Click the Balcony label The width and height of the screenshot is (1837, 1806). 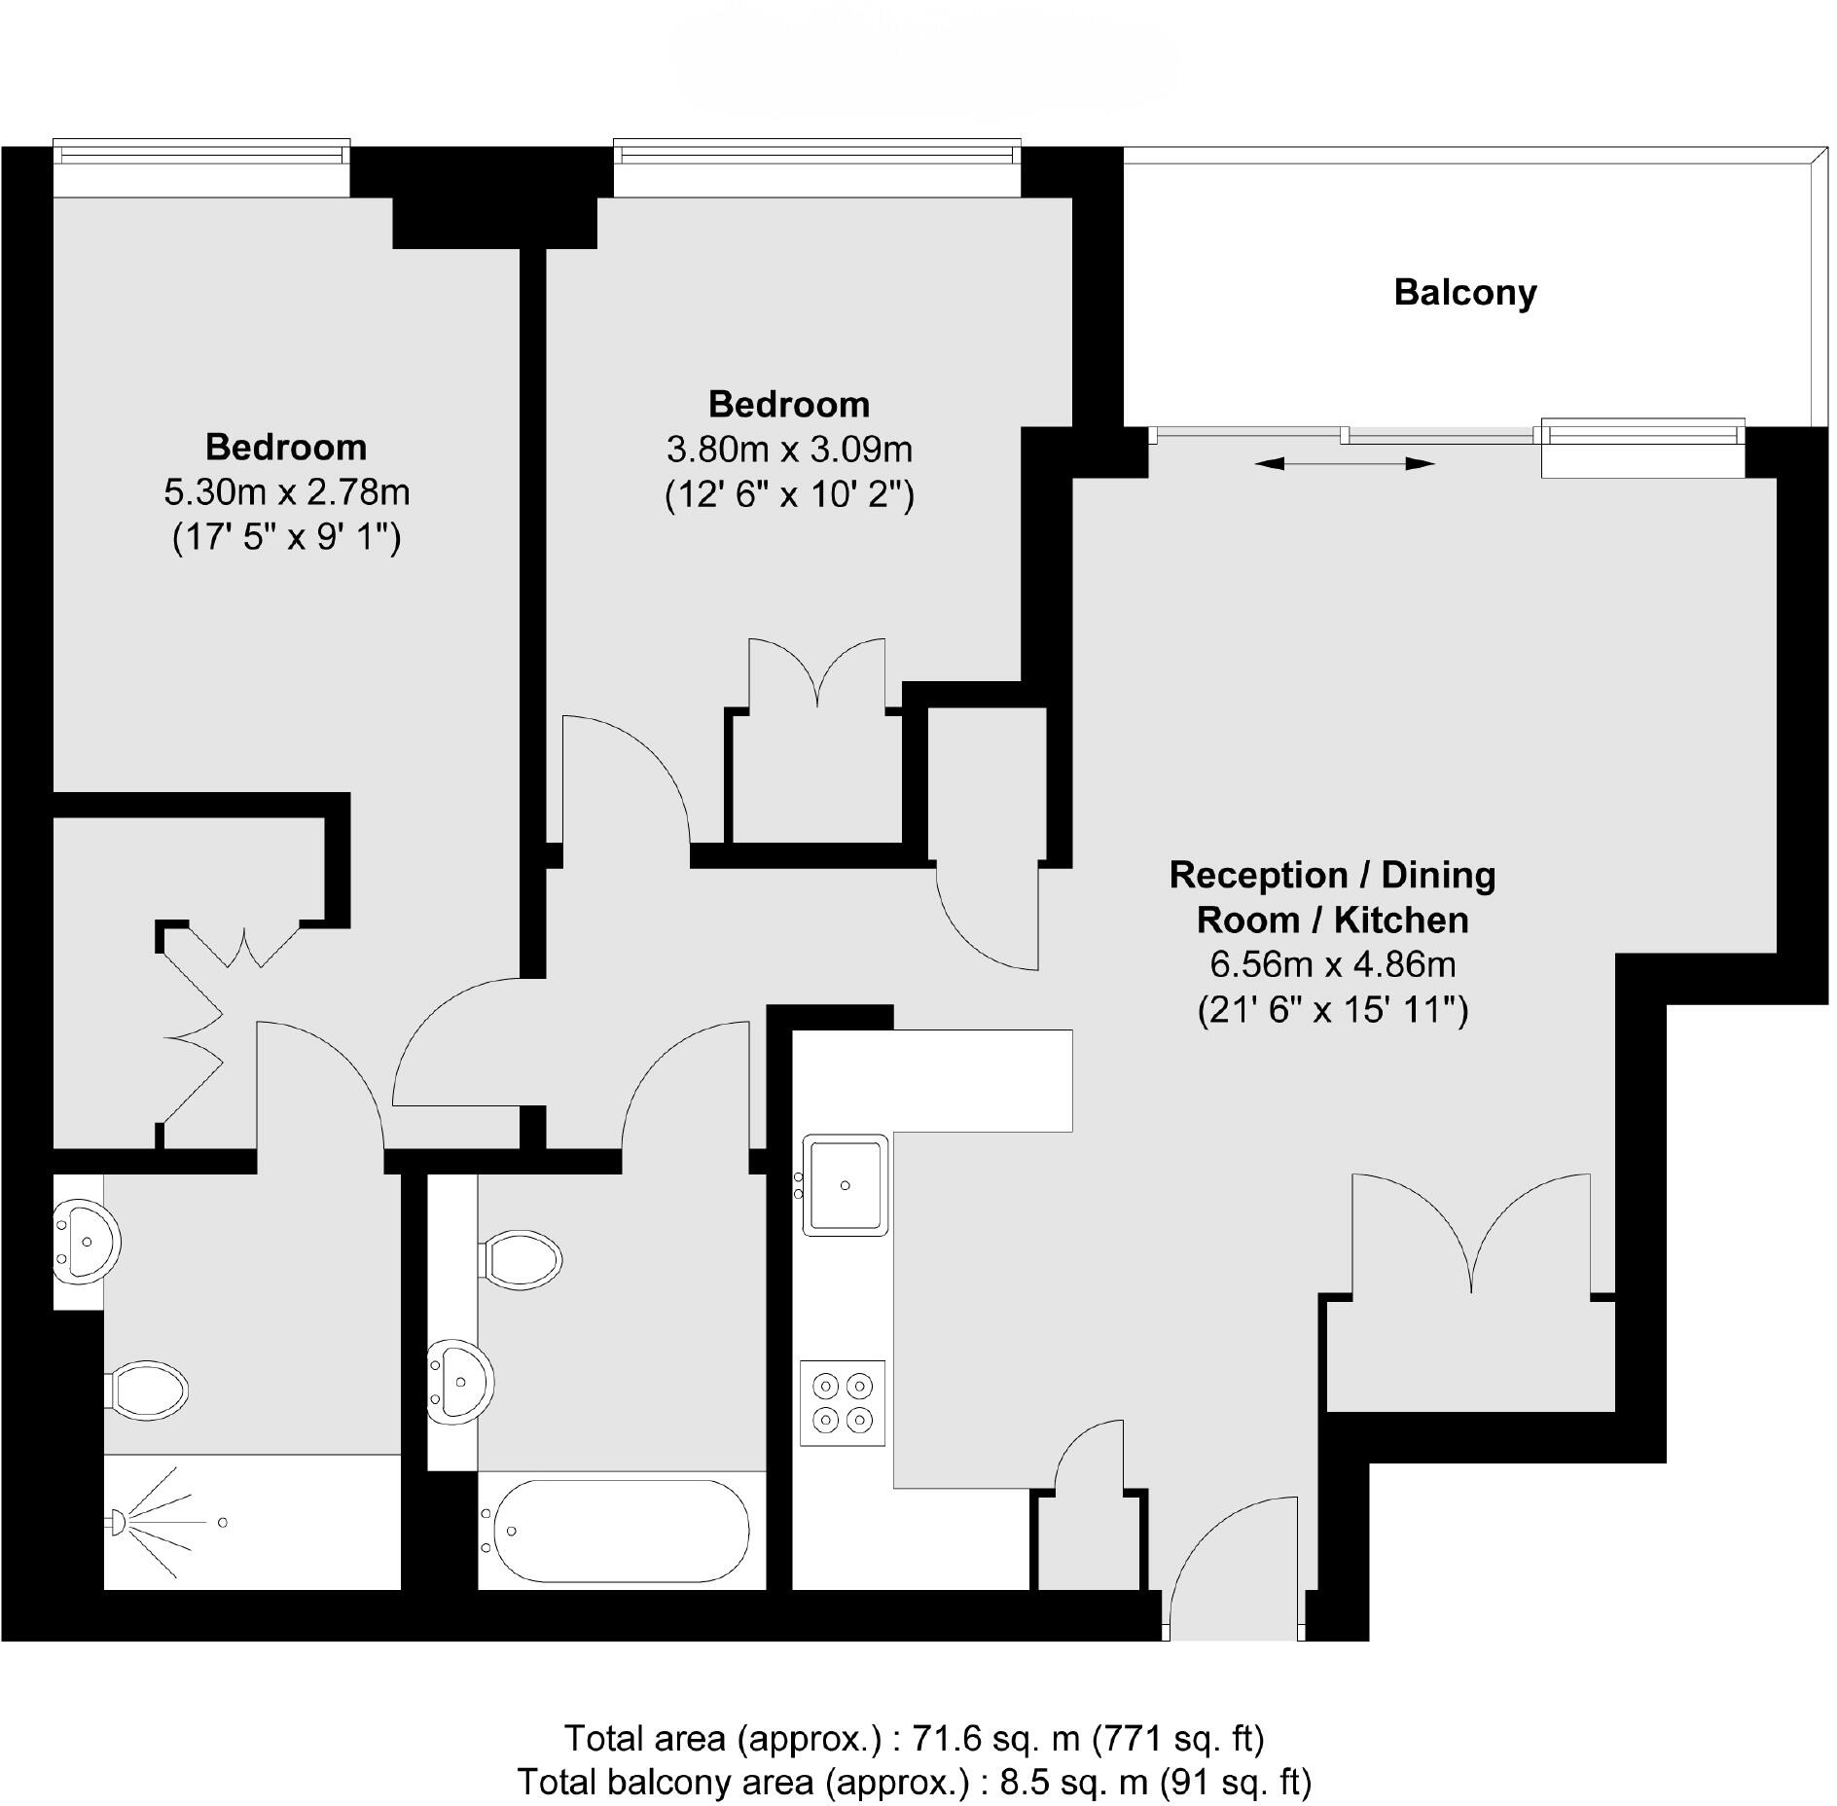(x=1464, y=293)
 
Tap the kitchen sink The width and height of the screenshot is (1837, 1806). (x=845, y=1184)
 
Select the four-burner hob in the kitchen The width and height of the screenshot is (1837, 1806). (x=843, y=1402)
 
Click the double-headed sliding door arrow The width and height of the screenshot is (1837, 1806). (x=1345, y=465)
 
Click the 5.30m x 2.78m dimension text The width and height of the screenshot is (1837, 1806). (x=286, y=492)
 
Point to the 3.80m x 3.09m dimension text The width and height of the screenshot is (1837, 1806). (x=789, y=450)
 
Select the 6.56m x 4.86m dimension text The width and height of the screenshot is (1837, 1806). (x=1332, y=964)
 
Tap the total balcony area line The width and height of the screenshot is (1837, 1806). (x=914, y=1781)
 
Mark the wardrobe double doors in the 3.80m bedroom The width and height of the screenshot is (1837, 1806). (x=817, y=675)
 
